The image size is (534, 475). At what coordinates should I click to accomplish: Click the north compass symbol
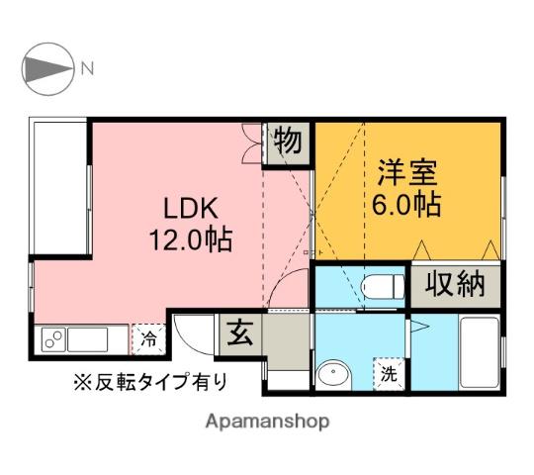point(47,69)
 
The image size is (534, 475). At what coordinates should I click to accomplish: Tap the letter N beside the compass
point(87,68)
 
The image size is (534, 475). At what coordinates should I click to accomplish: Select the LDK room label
point(191,208)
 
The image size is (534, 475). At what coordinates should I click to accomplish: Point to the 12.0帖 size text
point(191,239)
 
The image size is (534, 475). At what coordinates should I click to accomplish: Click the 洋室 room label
point(407,172)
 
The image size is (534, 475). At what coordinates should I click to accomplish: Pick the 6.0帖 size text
point(406,205)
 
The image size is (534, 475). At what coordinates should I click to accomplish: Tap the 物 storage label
point(288,141)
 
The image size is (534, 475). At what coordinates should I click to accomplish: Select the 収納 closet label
point(455,284)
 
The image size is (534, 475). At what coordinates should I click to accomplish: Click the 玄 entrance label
point(240,333)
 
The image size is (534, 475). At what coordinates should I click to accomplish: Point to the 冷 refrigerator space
point(148,339)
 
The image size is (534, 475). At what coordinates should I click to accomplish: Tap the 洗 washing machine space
point(389,373)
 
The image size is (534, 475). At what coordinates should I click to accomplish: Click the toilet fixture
point(382,287)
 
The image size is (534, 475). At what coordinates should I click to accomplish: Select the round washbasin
point(334,375)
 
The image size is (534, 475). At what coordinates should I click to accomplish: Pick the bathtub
point(479,352)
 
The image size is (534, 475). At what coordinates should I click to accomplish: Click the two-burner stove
point(53,339)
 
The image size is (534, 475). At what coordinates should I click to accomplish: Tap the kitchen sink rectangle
point(88,339)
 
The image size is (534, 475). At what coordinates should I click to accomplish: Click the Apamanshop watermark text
point(267,422)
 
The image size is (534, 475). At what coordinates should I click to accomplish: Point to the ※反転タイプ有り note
point(150,382)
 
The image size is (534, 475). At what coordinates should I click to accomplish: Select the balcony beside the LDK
point(60,186)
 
